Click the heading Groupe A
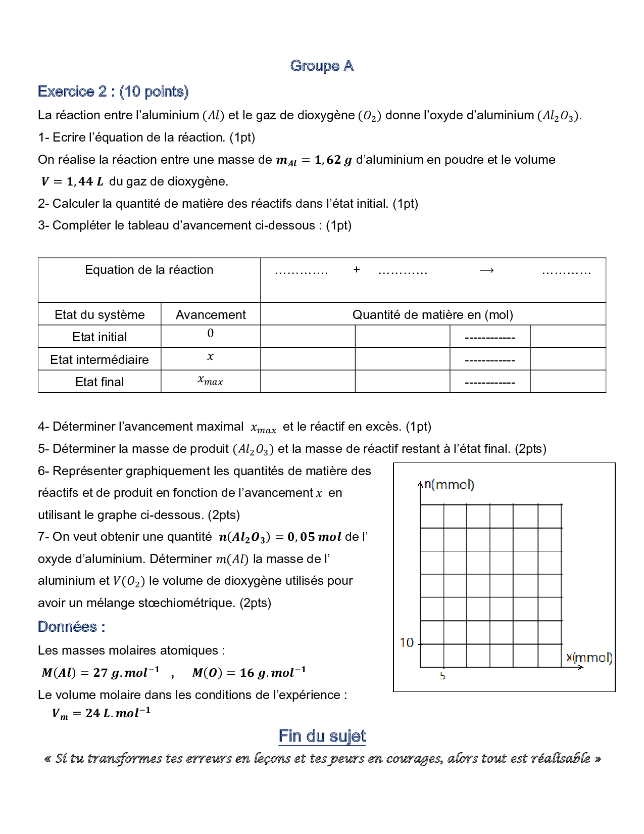point(322,66)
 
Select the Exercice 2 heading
point(113,91)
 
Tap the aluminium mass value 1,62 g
point(333,160)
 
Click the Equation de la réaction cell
point(149,270)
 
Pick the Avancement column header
point(211,315)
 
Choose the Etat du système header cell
point(100,315)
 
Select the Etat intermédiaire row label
point(100,359)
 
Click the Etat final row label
point(100,382)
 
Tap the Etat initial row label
point(100,337)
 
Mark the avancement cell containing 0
point(211,334)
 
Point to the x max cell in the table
point(210,380)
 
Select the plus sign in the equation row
point(357,270)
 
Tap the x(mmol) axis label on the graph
point(589,658)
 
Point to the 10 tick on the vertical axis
point(407,643)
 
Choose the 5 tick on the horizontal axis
point(443,676)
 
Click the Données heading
point(71,627)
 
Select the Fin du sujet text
point(322,736)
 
